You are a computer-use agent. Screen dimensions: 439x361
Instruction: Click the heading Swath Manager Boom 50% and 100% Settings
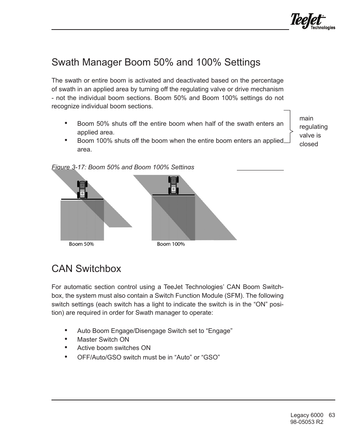click(x=156, y=62)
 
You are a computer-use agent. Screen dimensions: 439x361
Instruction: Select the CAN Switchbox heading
click(x=86, y=269)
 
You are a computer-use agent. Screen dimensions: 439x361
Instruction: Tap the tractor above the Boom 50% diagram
click(x=82, y=189)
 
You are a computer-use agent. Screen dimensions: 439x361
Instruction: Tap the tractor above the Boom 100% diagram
click(x=173, y=185)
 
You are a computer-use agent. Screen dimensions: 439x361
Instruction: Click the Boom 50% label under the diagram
click(x=81, y=244)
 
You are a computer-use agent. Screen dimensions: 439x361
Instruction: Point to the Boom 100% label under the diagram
click(x=171, y=244)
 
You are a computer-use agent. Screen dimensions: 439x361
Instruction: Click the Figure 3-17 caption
click(x=123, y=167)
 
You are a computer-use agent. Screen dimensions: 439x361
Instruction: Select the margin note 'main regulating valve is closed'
click(x=313, y=131)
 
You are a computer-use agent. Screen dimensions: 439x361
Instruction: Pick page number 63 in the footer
click(x=332, y=415)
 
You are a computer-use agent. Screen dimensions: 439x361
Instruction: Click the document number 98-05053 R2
click(x=307, y=422)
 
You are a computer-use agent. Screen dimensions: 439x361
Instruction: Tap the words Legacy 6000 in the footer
click(x=307, y=415)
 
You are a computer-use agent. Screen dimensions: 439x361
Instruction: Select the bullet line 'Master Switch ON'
click(x=103, y=339)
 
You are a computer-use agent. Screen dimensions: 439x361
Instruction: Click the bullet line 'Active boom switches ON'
click(x=114, y=348)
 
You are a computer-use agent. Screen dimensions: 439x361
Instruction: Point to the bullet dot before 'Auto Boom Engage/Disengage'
click(x=66, y=330)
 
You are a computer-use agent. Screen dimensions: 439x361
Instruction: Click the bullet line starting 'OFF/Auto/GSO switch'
click(x=148, y=357)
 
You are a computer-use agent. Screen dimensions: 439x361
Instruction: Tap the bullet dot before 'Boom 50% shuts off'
click(x=66, y=123)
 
